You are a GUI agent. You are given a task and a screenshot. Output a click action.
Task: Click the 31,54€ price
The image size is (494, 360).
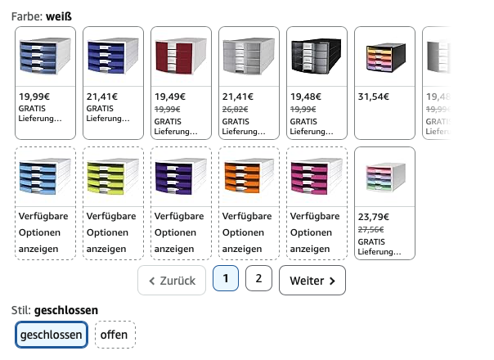pyautogui.click(x=374, y=96)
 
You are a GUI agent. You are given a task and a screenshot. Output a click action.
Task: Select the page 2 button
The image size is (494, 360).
pyautogui.click(x=258, y=279)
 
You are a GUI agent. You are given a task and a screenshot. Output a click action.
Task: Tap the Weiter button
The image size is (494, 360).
pyautogui.click(x=312, y=281)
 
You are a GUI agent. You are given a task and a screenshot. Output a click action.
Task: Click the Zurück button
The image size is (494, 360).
pyautogui.click(x=172, y=281)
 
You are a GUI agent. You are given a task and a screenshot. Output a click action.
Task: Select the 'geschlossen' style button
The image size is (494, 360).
pyautogui.click(x=52, y=335)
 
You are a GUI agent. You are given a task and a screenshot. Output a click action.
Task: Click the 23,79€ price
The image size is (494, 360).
pyautogui.click(x=374, y=217)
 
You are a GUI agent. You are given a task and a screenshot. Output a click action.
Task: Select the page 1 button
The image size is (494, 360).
pyautogui.click(x=226, y=279)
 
